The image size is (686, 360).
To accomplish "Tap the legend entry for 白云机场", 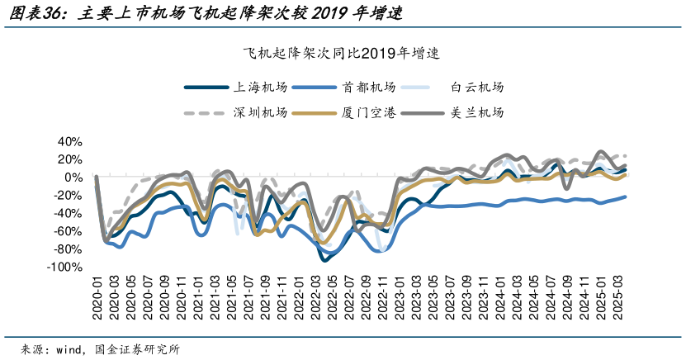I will [x=476, y=87].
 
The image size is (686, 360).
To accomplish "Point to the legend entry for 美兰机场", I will [x=476, y=112].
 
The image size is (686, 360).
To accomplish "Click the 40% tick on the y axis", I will [x=70, y=140].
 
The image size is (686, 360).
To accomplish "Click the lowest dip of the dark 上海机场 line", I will [x=326, y=259].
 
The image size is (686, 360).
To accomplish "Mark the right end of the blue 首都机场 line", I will [x=624, y=197].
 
